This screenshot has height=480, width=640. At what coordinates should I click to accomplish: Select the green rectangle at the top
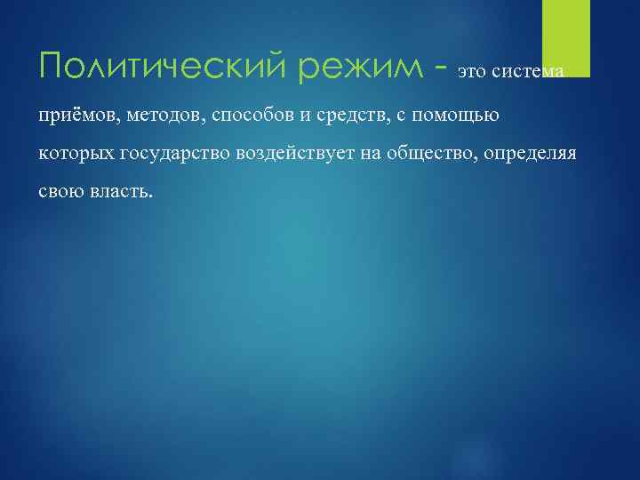pyautogui.click(x=566, y=38)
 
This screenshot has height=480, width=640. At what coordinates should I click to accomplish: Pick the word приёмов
pyautogui.click(x=81, y=113)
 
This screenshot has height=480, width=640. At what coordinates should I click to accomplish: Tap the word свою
pyautogui.click(x=60, y=193)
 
